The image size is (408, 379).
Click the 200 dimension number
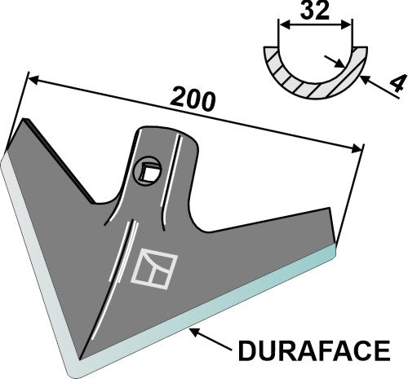pyautogui.click(x=193, y=99)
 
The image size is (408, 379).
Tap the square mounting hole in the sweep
pyautogui.click(x=149, y=171)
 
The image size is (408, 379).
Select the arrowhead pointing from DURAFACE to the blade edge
pyautogui.click(x=193, y=329)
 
